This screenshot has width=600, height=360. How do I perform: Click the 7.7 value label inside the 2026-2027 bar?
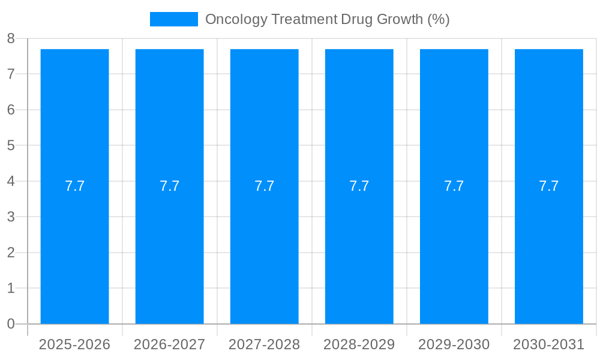(x=169, y=186)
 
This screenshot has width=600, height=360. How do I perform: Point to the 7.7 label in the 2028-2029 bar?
(x=359, y=186)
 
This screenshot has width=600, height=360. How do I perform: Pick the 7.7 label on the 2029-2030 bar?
(x=454, y=186)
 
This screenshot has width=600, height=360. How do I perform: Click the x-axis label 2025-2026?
(x=74, y=344)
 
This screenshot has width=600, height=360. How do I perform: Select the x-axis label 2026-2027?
(x=169, y=344)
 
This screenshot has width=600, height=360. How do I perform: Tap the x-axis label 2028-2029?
(x=359, y=344)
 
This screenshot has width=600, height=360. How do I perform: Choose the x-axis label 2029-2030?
(x=454, y=344)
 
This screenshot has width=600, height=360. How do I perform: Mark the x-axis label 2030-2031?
(x=548, y=344)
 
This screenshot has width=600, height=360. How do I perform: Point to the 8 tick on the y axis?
(x=11, y=38)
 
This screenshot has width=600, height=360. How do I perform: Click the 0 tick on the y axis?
(x=11, y=324)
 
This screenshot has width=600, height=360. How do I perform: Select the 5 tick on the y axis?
(x=11, y=145)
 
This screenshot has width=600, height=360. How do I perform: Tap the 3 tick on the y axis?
(x=11, y=217)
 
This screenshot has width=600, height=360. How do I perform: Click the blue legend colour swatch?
(x=173, y=19)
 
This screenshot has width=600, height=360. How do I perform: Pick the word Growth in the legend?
(x=399, y=19)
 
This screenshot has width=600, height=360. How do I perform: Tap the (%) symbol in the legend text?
(x=438, y=19)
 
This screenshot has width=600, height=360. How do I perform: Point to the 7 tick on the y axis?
(x=11, y=74)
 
